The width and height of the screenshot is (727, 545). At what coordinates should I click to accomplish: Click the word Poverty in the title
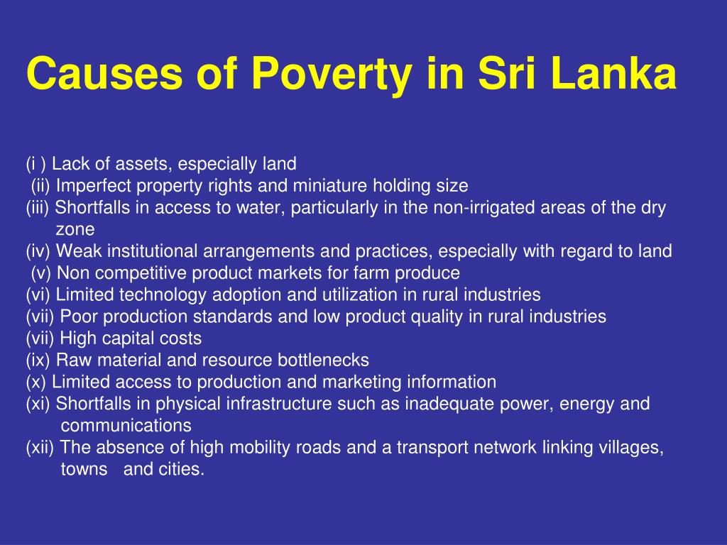click(x=332, y=74)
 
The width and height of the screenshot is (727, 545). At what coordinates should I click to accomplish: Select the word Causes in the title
click(x=105, y=73)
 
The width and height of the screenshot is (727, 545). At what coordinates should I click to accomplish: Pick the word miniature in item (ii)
click(x=330, y=186)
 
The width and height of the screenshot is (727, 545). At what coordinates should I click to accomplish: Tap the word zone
click(x=75, y=230)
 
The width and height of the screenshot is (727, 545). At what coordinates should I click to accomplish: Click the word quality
click(x=437, y=317)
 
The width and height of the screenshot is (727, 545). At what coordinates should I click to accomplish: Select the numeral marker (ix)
click(x=38, y=360)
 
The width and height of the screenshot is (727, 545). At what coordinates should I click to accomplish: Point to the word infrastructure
click(x=279, y=404)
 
